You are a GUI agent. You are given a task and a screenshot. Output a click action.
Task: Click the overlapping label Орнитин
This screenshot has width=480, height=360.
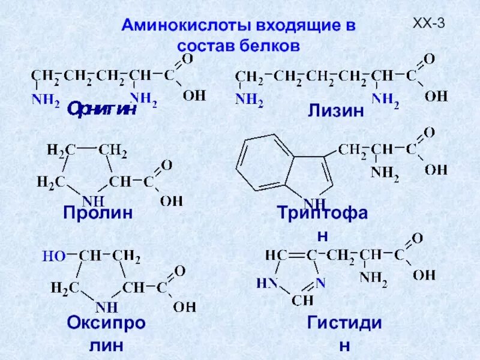tap(102, 109)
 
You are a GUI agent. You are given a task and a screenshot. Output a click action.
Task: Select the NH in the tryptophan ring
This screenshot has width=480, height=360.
tap(315, 202)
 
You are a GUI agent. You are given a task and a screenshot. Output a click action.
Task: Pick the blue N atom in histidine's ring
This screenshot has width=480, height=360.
tap(321, 281)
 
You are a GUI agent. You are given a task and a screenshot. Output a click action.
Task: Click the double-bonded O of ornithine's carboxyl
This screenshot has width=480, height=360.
tap(188, 59)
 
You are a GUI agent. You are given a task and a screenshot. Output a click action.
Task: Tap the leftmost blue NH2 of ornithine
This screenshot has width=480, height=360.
tap(46, 100)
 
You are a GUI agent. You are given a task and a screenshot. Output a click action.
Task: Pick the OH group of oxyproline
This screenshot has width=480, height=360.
tap(184, 307)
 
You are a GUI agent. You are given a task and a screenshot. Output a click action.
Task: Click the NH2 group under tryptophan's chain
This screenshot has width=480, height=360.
tap(384, 172)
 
